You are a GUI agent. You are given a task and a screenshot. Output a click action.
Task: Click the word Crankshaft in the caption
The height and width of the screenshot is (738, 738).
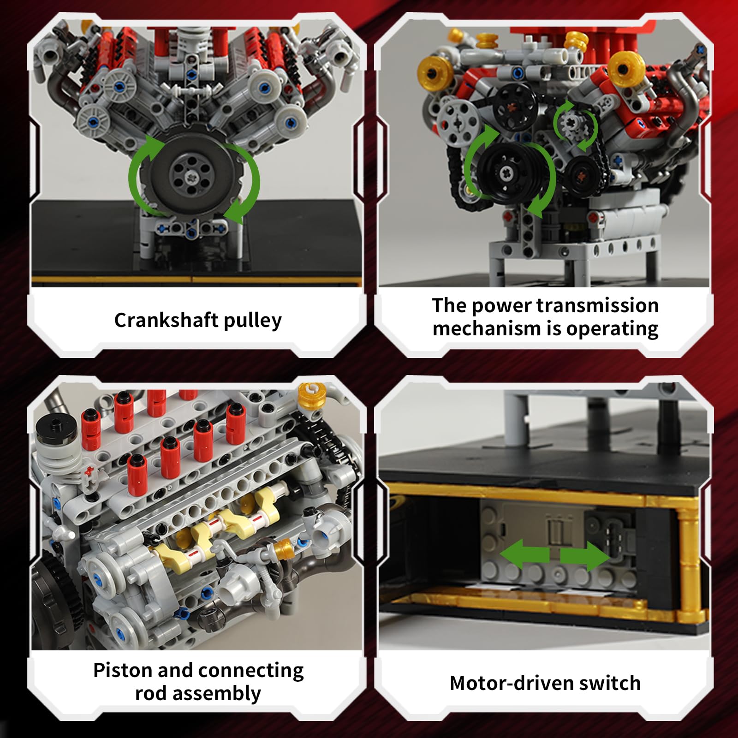coord(167,320)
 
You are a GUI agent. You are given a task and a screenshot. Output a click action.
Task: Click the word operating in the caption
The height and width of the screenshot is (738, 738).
coord(612,329)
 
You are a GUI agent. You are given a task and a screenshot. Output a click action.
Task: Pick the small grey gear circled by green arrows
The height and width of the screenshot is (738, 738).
coord(573,124)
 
